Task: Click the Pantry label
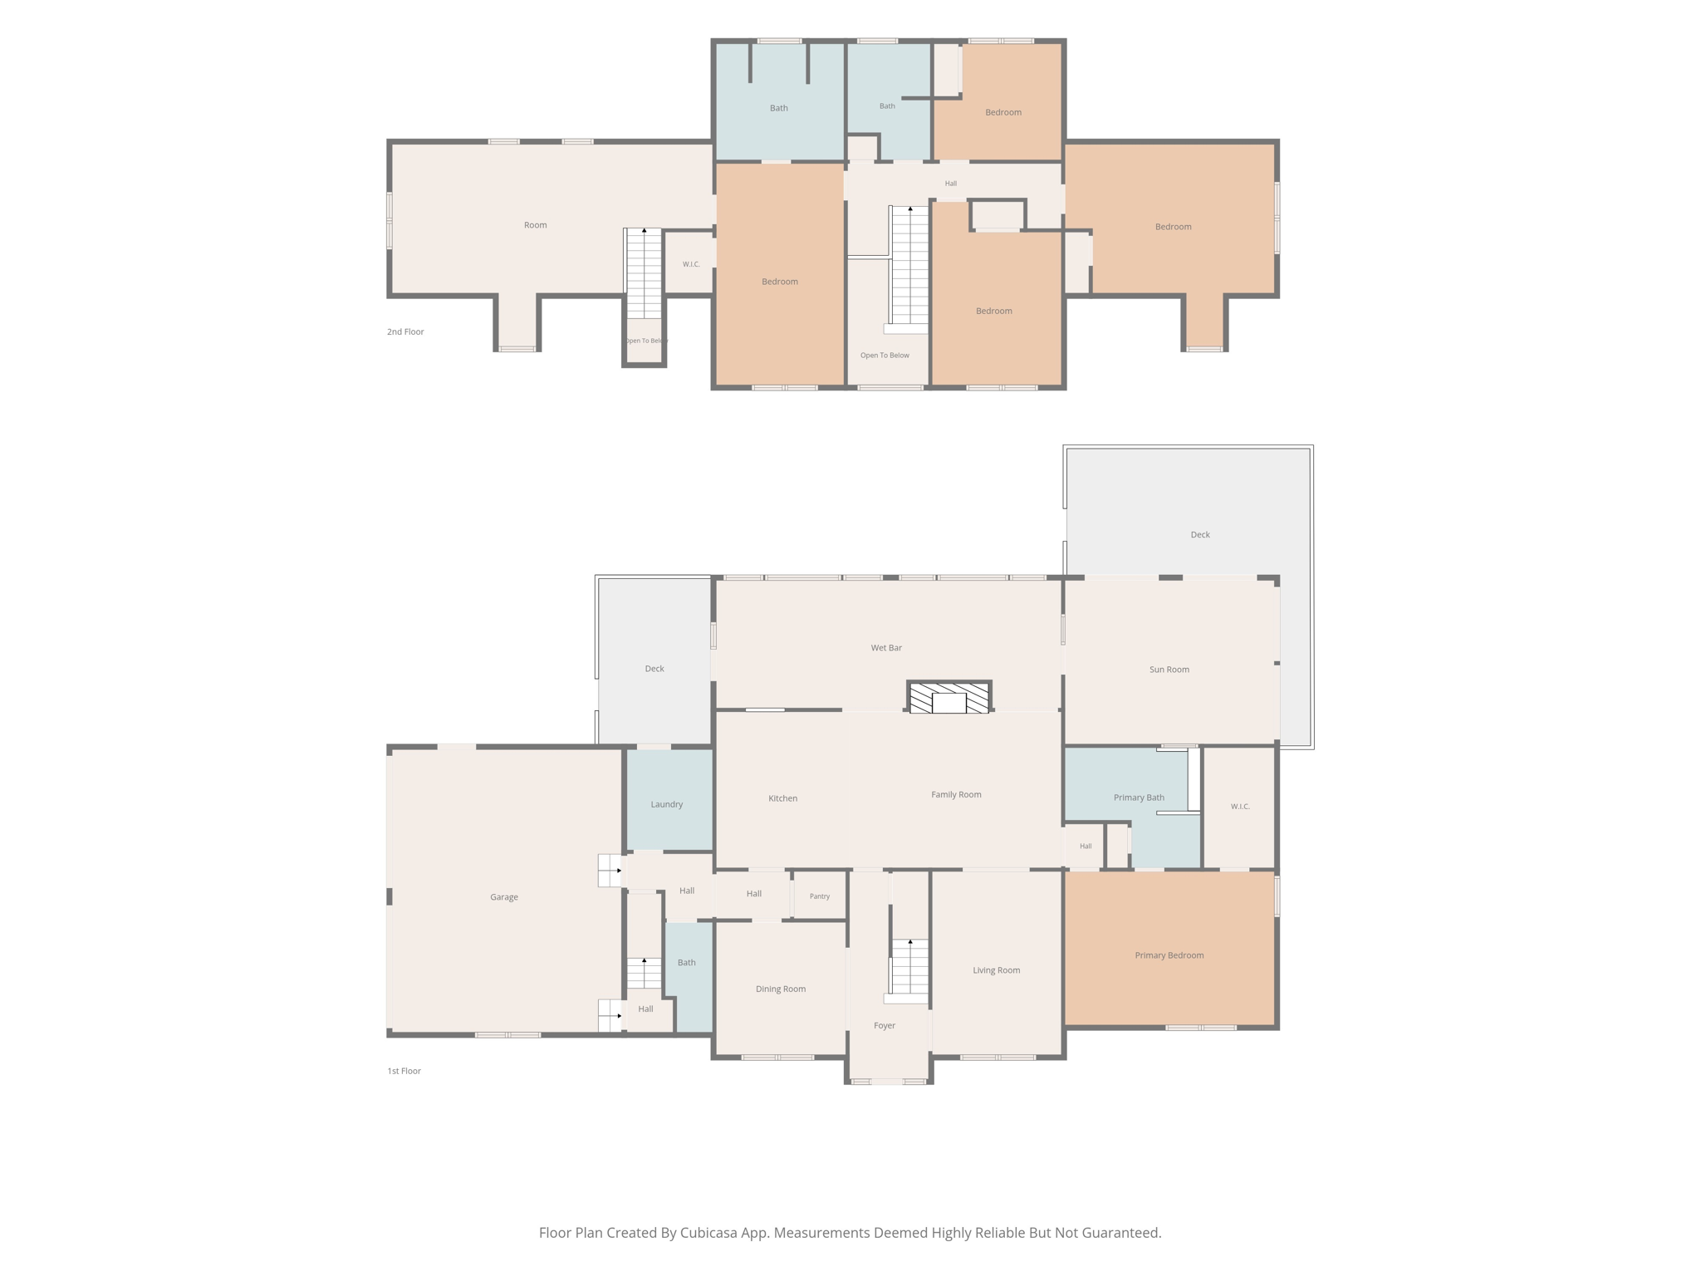coord(820,896)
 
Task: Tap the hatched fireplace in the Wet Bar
coord(949,697)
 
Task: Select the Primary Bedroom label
coord(1169,955)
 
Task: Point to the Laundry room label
coord(667,804)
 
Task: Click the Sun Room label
coord(1169,670)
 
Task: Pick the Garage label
coord(504,897)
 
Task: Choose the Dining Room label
coord(781,989)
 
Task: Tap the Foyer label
coord(885,1026)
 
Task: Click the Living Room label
coord(997,970)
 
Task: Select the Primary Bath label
coord(1139,797)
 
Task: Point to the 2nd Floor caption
coord(405,331)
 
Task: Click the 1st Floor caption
coord(404,1071)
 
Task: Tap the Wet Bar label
coord(886,648)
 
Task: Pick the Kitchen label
coord(782,798)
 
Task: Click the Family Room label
coord(956,794)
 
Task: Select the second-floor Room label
coord(536,225)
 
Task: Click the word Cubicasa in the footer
coord(711,1233)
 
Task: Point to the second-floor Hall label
coord(951,184)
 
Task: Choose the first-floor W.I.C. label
coord(1240,807)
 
